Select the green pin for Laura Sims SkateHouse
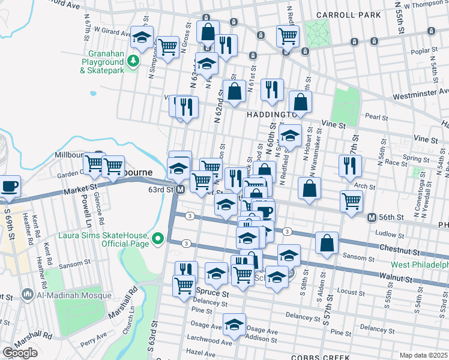click(x=158, y=239)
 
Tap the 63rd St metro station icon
click(x=179, y=190)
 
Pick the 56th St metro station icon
click(x=372, y=217)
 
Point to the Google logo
click(x=20, y=352)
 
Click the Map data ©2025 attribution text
click(x=423, y=355)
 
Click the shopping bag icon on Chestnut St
click(x=327, y=243)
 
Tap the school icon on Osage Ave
click(x=234, y=325)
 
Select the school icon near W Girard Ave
click(x=142, y=37)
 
